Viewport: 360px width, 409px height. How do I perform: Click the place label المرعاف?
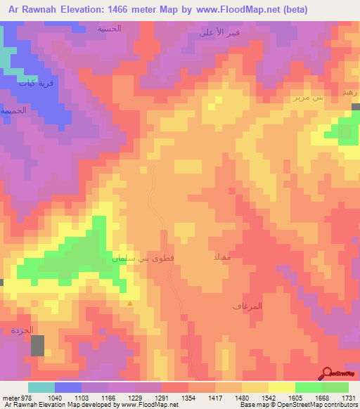point(247,306)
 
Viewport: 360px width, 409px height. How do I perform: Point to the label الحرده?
point(22,330)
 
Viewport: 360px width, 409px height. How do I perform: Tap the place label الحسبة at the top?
point(109,29)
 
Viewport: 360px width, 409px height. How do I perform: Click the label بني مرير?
point(308,98)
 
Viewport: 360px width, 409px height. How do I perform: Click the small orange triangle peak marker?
point(130,304)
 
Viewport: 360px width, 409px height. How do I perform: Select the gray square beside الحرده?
point(37,345)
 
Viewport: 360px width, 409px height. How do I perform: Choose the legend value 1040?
point(54,398)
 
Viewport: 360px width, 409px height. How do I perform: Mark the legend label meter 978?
point(15,398)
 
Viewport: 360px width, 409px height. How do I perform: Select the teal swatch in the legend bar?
point(41,387)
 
